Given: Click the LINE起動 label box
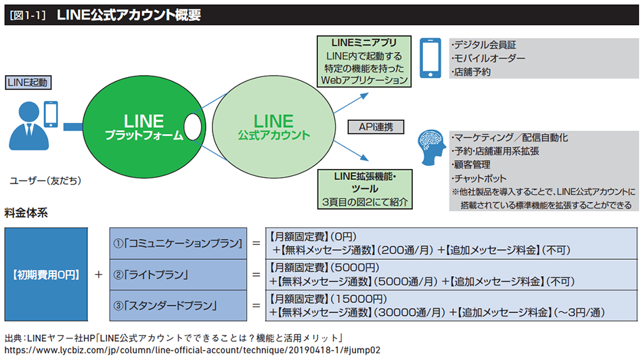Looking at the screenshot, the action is point(28,83).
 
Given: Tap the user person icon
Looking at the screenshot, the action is point(28,127).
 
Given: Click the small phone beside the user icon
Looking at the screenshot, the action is point(51,114).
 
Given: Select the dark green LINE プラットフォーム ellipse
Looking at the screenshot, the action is point(143,127).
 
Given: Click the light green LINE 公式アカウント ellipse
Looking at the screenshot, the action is point(273,127).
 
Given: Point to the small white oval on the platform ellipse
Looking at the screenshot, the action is point(193,127).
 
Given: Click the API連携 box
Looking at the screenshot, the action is point(376,127).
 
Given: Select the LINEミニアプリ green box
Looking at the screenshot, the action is point(364,62).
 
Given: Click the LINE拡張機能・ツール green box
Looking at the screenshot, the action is point(365,189).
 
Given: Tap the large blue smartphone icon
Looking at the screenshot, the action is point(430,58).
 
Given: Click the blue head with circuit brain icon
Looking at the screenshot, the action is point(431,148).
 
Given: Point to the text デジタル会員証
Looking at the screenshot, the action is point(485,45).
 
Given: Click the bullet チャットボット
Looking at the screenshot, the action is point(479,179).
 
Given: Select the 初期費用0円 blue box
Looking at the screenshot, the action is point(46,274).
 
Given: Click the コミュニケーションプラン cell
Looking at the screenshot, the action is point(178,244).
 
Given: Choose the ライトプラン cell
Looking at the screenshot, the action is point(178,275).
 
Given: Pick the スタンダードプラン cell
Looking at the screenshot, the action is point(178,305).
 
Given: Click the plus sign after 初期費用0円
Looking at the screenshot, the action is point(98,274).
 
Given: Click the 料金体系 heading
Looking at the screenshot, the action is point(26,212).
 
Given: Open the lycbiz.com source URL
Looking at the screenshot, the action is point(192,350).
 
